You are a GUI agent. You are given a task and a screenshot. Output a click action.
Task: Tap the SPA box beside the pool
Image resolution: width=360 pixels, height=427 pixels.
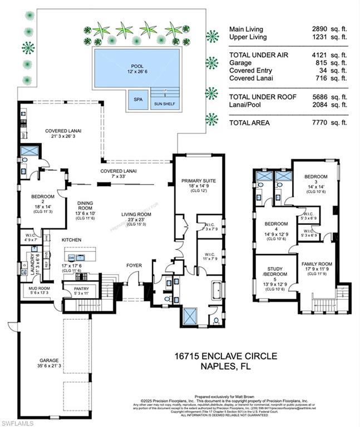pos(137,101)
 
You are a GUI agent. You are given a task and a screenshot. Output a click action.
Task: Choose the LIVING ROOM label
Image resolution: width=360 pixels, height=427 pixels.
pos(137,214)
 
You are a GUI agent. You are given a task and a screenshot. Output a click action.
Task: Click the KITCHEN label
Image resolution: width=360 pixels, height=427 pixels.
pos(72,239)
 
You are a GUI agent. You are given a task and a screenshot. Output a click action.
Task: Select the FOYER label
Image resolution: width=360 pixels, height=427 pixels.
pos(135,265)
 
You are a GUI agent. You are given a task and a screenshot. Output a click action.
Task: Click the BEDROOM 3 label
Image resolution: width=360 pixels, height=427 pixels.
pos(315,178)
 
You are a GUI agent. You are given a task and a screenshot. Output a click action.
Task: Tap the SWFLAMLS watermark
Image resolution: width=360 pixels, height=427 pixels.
pos(17,423)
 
